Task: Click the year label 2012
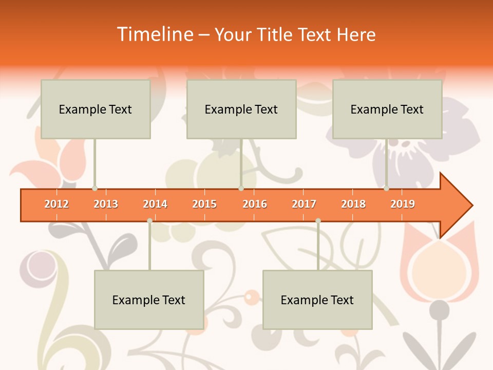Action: [x=56, y=204]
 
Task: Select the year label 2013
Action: [x=106, y=204]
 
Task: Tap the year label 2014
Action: [x=155, y=204]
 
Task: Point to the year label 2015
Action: [x=204, y=204]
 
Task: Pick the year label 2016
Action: [x=255, y=204]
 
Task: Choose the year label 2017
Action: [x=304, y=204]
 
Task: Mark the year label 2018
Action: [x=353, y=204]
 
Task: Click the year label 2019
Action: [x=403, y=204]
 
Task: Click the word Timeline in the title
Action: [x=154, y=34]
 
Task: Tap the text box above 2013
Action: [x=96, y=109]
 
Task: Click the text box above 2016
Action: [x=241, y=109]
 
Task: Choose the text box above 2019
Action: [x=387, y=109]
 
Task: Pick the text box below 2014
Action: [x=149, y=300]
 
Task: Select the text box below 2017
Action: [x=317, y=300]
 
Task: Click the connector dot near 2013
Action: [x=94, y=189]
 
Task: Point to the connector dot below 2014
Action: [x=149, y=221]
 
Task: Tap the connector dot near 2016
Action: [x=241, y=189]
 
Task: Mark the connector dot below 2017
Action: [x=318, y=221]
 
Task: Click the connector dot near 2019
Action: [x=386, y=189]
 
